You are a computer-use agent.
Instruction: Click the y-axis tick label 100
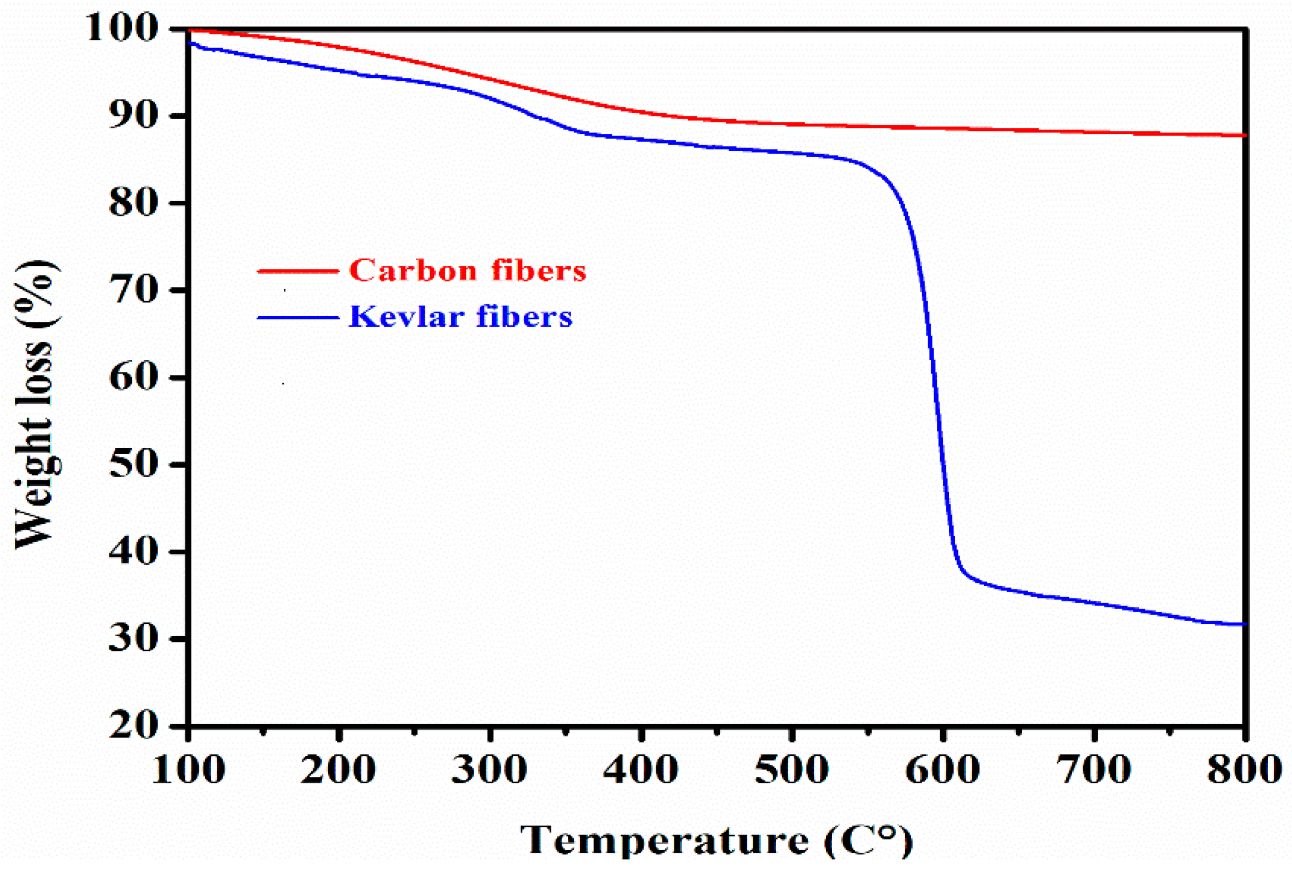[121, 27]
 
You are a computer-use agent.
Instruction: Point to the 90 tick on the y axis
[133, 115]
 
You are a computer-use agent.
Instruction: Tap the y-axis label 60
[133, 377]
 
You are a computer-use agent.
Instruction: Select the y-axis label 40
[133, 552]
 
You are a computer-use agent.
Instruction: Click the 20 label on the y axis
[133, 725]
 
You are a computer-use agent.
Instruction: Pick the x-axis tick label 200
[338, 770]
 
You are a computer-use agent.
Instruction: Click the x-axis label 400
[641, 770]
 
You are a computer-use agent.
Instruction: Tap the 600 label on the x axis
[942, 770]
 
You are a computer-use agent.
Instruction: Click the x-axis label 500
[792, 770]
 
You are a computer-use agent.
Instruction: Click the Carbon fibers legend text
[468, 271]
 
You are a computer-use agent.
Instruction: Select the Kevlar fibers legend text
[460, 317]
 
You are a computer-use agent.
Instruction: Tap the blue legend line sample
[298, 318]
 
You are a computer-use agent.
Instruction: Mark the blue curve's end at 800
[1243, 624]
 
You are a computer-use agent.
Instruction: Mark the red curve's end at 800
[1243, 135]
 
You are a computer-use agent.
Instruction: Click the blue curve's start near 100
[191, 43]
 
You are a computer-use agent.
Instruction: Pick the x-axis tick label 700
[1094, 770]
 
